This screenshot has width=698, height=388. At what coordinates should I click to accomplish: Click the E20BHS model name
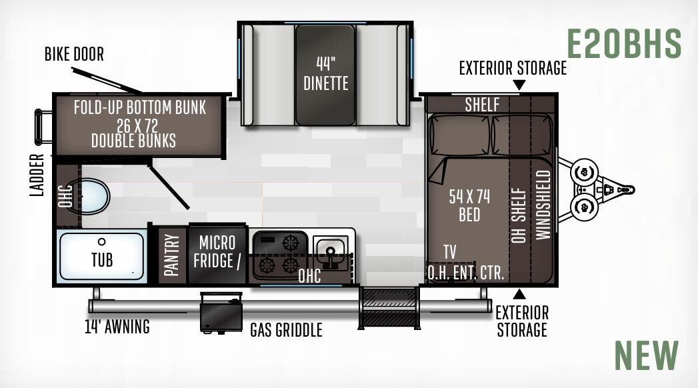tap(624, 44)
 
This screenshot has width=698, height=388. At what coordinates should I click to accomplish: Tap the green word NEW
tap(646, 355)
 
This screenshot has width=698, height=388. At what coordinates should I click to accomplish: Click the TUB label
tap(102, 259)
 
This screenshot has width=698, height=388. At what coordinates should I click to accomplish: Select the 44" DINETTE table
tap(325, 74)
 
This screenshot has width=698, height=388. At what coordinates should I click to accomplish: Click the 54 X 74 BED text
tap(469, 205)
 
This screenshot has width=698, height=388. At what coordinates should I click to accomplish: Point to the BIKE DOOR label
tap(74, 55)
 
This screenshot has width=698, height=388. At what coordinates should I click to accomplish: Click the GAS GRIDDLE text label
tap(286, 329)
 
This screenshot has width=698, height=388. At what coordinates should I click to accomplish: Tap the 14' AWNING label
tap(117, 327)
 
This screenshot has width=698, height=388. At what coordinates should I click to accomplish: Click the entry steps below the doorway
tap(388, 307)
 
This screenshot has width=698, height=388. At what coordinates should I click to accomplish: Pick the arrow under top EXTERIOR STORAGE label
tap(519, 85)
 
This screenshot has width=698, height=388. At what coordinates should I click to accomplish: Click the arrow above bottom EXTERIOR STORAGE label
tap(519, 294)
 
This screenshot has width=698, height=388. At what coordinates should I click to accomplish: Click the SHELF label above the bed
tap(482, 105)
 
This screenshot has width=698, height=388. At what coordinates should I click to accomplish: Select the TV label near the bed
tap(450, 252)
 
